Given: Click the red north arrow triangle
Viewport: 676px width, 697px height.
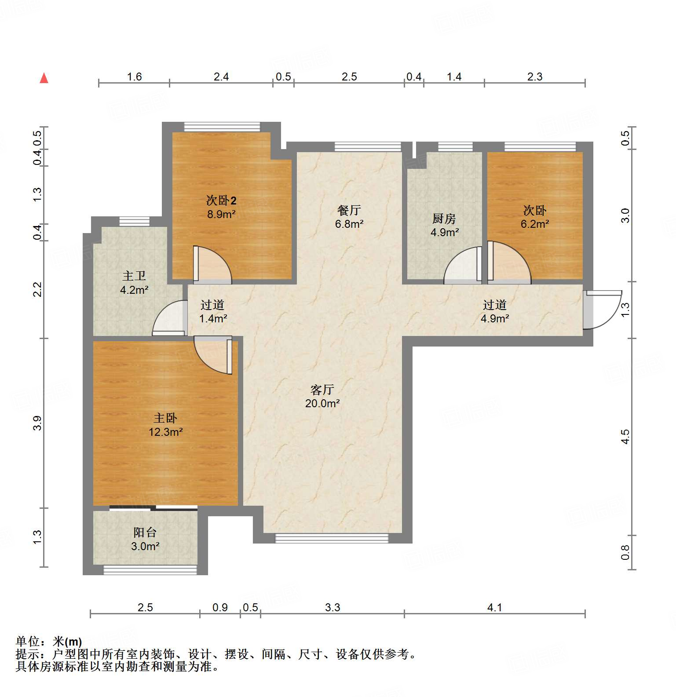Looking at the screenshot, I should (44, 78).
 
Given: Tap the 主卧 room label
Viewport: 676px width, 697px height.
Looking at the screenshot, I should (165, 418).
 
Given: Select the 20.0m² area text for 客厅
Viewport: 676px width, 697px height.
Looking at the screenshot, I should (322, 403).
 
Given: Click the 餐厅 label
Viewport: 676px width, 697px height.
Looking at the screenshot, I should (349, 210).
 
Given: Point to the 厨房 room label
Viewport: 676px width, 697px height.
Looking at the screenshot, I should (444, 219).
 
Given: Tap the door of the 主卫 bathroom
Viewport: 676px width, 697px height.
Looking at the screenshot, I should (169, 317).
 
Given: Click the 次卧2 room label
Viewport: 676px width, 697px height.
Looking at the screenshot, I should (221, 201).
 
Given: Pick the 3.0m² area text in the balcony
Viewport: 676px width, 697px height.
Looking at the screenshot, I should (145, 546).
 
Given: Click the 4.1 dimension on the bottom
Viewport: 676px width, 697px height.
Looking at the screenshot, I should (494, 607).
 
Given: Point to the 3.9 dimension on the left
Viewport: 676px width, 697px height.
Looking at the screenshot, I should (37, 423).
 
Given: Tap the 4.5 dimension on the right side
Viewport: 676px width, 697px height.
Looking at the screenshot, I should (625, 436).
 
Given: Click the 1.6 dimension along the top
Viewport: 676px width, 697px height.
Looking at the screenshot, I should (134, 77).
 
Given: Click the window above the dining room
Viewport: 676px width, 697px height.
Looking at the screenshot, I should (368, 146).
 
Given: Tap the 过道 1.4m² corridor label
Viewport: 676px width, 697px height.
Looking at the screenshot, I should (213, 311).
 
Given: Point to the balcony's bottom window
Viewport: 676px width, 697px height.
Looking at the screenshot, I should (150, 570).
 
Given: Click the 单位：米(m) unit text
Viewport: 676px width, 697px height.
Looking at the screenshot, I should (49, 642).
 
